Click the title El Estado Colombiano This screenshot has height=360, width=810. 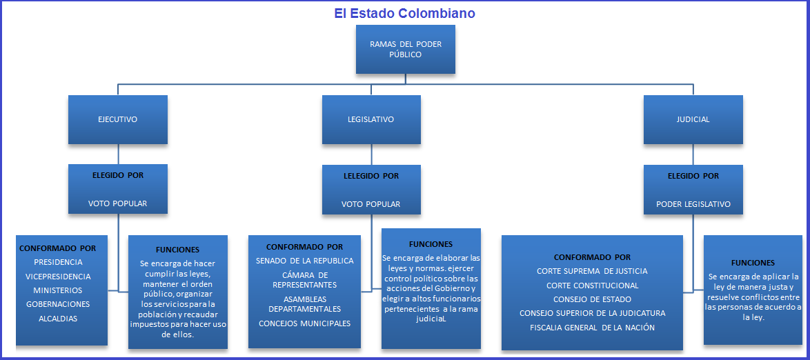click(x=405, y=13)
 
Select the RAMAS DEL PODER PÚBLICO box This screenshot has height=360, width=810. click(x=406, y=49)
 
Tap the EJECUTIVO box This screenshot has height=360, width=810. click(x=118, y=119)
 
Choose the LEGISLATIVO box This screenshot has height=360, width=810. click(x=371, y=119)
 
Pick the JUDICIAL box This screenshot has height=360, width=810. click(x=693, y=119)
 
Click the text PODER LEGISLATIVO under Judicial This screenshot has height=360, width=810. click(x=693, y=204)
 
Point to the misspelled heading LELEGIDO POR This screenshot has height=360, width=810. click(x=371, y=176)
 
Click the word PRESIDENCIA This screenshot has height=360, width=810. click(x=58, y=262)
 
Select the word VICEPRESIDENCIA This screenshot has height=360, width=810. click(x=58, y=277)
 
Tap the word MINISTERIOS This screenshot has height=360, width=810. click(x=58, y=290)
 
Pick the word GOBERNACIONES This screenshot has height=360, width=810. click(x=58, y=304)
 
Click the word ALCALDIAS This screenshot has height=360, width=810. click(x=58, y=319)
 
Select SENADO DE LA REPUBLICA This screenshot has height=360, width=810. click(x=304, y=261)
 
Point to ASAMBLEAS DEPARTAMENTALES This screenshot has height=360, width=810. click(x=304, y=303)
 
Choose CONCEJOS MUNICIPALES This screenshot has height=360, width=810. click(x=304, y=323)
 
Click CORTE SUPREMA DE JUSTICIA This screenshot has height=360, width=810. click(x=592, y=271)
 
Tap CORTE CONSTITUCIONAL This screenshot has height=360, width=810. click(x=592, y=286)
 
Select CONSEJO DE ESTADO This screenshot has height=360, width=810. click(x=592, y=299)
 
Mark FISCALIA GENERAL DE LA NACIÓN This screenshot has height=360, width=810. click(x=592, y=328)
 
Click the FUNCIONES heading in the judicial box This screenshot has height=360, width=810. click(x=753, y=263)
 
